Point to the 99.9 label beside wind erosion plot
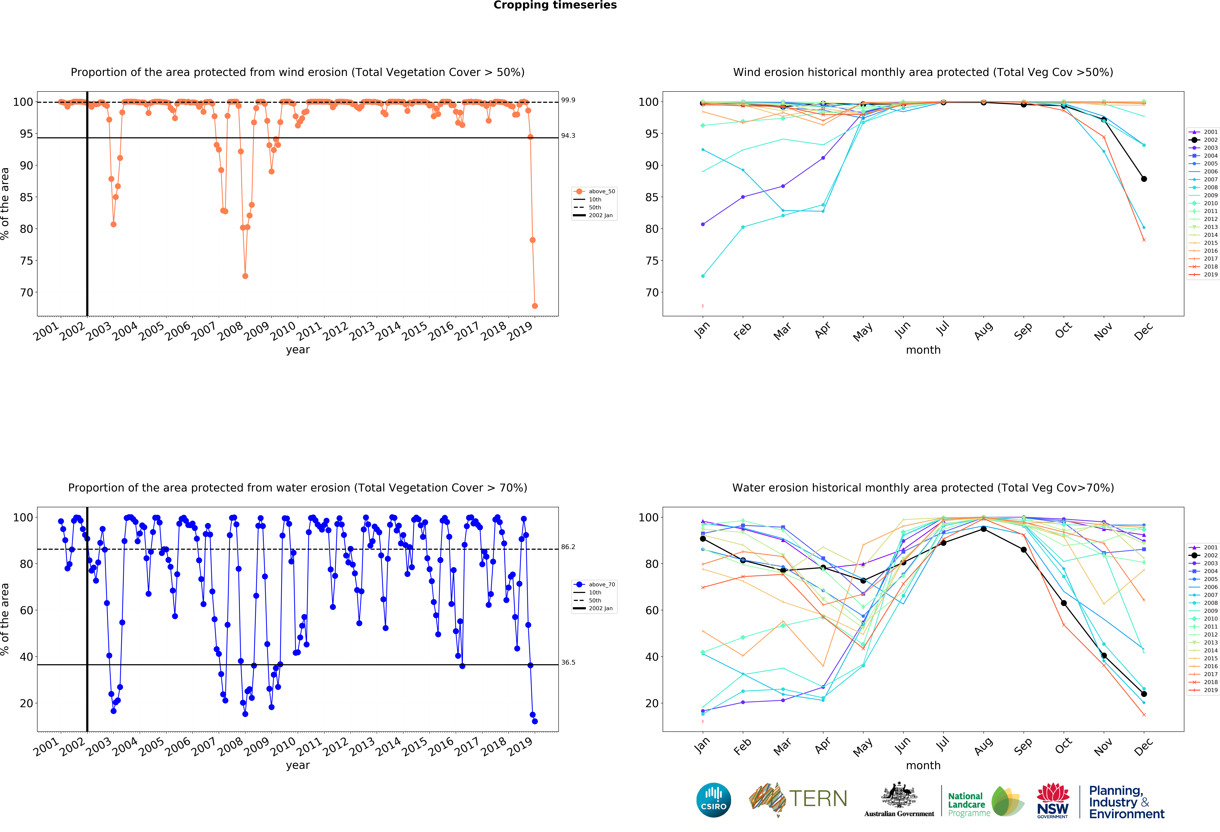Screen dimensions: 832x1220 coord(568,100)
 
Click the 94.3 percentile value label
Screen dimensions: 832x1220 coord(568,135)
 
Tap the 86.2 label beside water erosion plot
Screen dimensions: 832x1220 coord(568,547)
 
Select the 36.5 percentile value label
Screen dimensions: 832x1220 coord(568,662)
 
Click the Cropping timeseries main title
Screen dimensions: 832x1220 coord(555,5)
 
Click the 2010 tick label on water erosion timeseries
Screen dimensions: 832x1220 coord(282,747)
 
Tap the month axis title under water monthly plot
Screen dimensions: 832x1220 coord(923,765)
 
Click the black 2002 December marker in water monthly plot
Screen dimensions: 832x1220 coord(1144,694)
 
